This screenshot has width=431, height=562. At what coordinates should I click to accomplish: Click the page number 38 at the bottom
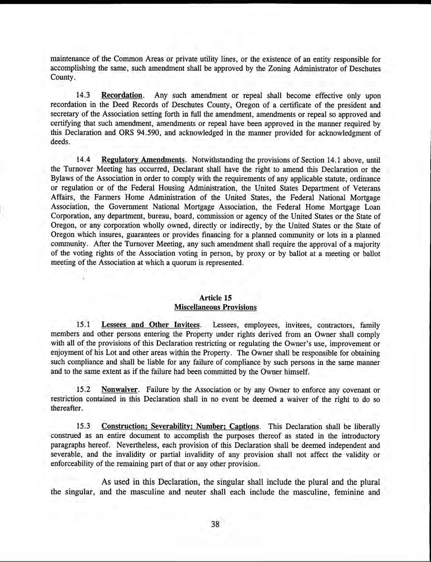(215, 524)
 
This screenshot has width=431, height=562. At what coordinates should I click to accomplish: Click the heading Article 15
(215, 298)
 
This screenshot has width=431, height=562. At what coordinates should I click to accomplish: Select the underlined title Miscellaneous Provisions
(215, 307)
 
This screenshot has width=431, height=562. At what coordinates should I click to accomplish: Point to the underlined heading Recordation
(122, 96)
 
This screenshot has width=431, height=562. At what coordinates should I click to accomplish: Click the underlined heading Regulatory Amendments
(143, 160)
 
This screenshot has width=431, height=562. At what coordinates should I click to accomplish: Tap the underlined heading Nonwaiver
(119, 390)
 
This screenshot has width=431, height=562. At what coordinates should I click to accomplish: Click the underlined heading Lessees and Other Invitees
(151, 325)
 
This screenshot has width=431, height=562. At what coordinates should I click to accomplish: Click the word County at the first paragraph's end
(61, 77)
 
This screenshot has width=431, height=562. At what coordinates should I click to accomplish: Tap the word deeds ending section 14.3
(60, 142)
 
